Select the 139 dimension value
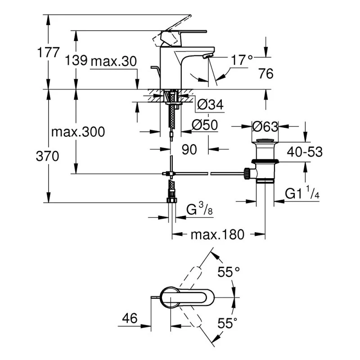[x=76, y=61]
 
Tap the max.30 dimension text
[x=113, y=62]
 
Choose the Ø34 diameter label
[x=210, y=105]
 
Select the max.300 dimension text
[x=77, y=132]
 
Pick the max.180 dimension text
[x=217, y=234]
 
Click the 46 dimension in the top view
[x=130, y=319]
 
